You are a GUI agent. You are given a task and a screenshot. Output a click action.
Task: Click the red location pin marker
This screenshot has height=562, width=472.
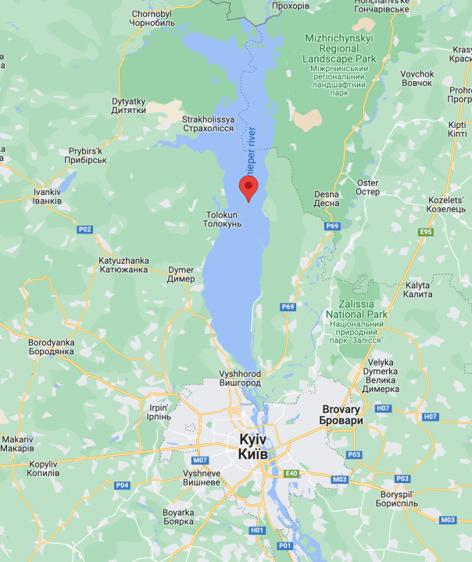248,187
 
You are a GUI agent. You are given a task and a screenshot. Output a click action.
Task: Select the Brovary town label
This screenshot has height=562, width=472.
341,414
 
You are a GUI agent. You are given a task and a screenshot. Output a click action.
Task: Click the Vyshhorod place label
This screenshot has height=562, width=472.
240,379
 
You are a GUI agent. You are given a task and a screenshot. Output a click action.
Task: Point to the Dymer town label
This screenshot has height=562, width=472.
181,275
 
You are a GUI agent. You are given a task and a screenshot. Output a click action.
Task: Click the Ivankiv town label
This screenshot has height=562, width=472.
47,196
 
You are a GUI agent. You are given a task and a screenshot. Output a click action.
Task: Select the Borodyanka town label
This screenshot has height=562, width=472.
51,347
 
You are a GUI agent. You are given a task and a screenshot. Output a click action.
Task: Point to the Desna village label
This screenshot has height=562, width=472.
326,199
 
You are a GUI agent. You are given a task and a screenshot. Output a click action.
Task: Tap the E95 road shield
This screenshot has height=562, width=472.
425,232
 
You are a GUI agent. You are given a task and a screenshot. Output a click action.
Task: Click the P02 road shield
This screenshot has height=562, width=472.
84,229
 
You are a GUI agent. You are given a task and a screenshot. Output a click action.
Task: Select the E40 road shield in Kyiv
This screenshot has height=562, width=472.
292,474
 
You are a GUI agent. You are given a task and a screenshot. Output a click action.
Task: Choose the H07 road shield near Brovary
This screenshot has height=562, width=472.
383,408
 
